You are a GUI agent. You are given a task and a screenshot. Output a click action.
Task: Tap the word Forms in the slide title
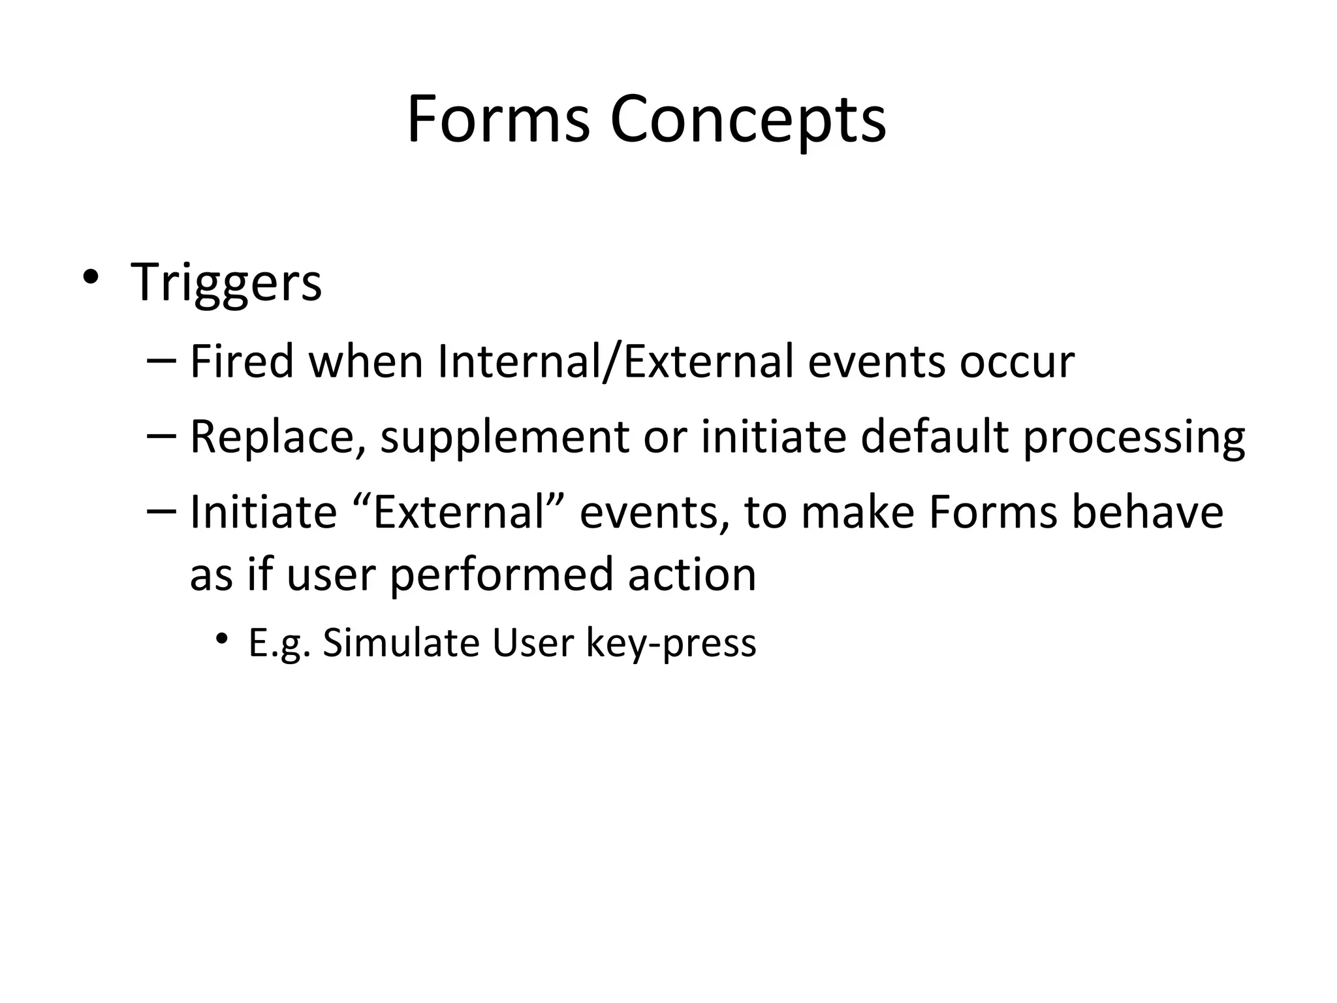point(498,119)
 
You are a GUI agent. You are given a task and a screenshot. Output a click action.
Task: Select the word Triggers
point(226,283)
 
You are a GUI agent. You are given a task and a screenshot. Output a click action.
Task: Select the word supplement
point(504,438)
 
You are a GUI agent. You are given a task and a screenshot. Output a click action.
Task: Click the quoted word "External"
point(458,511)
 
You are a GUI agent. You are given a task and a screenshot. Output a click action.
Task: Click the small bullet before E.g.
point(223,638)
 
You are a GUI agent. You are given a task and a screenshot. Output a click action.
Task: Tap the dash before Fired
point(162,361)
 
